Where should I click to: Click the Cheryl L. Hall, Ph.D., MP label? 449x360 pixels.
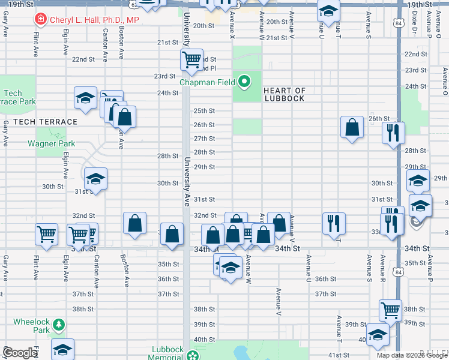[x=94, y=20]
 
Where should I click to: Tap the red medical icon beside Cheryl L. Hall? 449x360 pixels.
[x=41, y=20]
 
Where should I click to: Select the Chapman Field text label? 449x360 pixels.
[x=208, y=82]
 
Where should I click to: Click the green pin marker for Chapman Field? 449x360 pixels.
[x=245, y=82]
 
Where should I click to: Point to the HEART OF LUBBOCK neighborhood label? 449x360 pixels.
[x=285, y=94]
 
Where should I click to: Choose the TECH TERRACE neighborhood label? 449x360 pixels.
[x=45, y=122]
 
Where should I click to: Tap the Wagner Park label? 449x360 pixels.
[x=51, y=144]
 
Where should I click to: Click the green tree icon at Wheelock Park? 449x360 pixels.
[x=59, y=325]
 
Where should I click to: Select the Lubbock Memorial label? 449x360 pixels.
[x=167, y=353]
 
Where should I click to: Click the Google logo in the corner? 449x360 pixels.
[x=19, y=353]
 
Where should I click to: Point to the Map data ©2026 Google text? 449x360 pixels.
[x=412, y=355]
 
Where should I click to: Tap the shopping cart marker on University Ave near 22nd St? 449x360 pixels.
[x=191, y=59]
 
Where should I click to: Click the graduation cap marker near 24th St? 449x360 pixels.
[x=85, y=97]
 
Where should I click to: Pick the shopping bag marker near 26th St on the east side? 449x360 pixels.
[x=352, y=127]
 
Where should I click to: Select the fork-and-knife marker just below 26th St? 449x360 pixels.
[x=393, y=133]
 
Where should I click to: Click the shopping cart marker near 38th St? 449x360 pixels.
[x=390, y=310]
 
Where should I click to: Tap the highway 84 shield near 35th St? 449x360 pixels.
[x=399, y=272]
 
